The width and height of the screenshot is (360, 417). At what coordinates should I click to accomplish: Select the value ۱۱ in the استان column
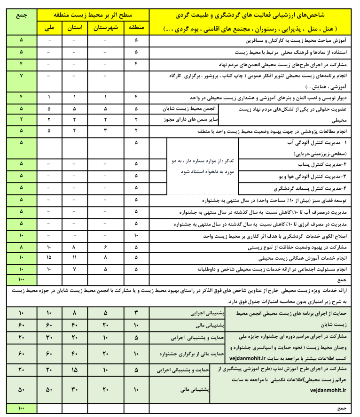78,258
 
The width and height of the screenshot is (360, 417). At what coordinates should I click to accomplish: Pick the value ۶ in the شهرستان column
105,246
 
